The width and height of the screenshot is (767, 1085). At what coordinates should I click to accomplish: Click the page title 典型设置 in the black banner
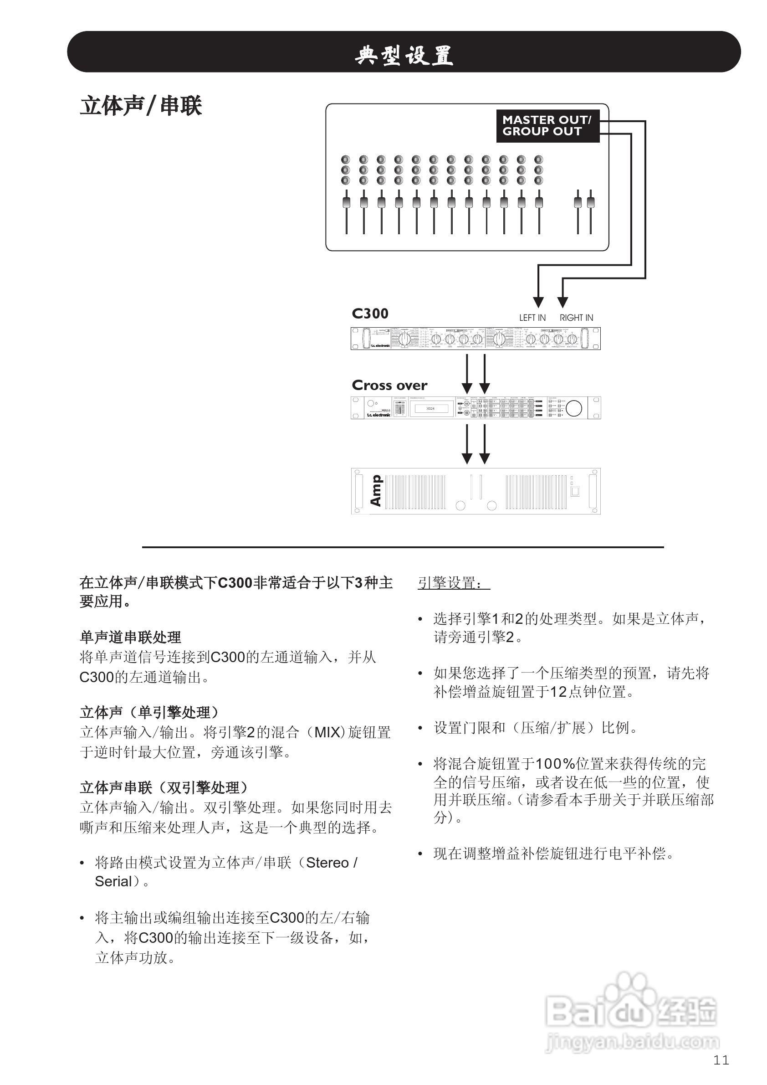[404, 55]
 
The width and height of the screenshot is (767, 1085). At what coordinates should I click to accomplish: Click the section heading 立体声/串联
[141, 105]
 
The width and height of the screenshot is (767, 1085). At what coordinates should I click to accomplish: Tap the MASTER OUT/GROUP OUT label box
[547, 126]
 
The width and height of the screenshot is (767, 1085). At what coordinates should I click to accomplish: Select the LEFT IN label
[532, 318]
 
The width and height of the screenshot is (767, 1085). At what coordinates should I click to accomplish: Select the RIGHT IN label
[576, 318]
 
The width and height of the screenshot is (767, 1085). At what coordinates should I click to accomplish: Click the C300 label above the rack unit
[370, 314]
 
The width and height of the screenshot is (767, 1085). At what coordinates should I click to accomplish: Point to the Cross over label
[389, 385]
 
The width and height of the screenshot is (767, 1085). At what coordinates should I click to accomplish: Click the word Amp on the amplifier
[376, 491]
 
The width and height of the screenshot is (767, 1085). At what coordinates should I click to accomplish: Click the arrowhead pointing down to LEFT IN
[538, 302]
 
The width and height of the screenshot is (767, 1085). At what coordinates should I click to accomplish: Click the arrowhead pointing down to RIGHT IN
[562, 302]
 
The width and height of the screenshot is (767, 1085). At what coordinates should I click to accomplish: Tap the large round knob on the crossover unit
[573, 408]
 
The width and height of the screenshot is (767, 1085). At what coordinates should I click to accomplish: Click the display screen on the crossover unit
[430, 408]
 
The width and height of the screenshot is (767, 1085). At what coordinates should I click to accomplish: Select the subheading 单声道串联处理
[130, 638]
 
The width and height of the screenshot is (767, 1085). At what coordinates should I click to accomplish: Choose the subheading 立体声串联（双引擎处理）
[164, 788]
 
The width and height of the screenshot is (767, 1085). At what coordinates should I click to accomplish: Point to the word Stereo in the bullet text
[327, 863]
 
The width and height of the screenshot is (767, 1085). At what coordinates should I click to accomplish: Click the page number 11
[721, 1060]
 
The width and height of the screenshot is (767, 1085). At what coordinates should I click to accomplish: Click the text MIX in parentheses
[327, 732]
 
